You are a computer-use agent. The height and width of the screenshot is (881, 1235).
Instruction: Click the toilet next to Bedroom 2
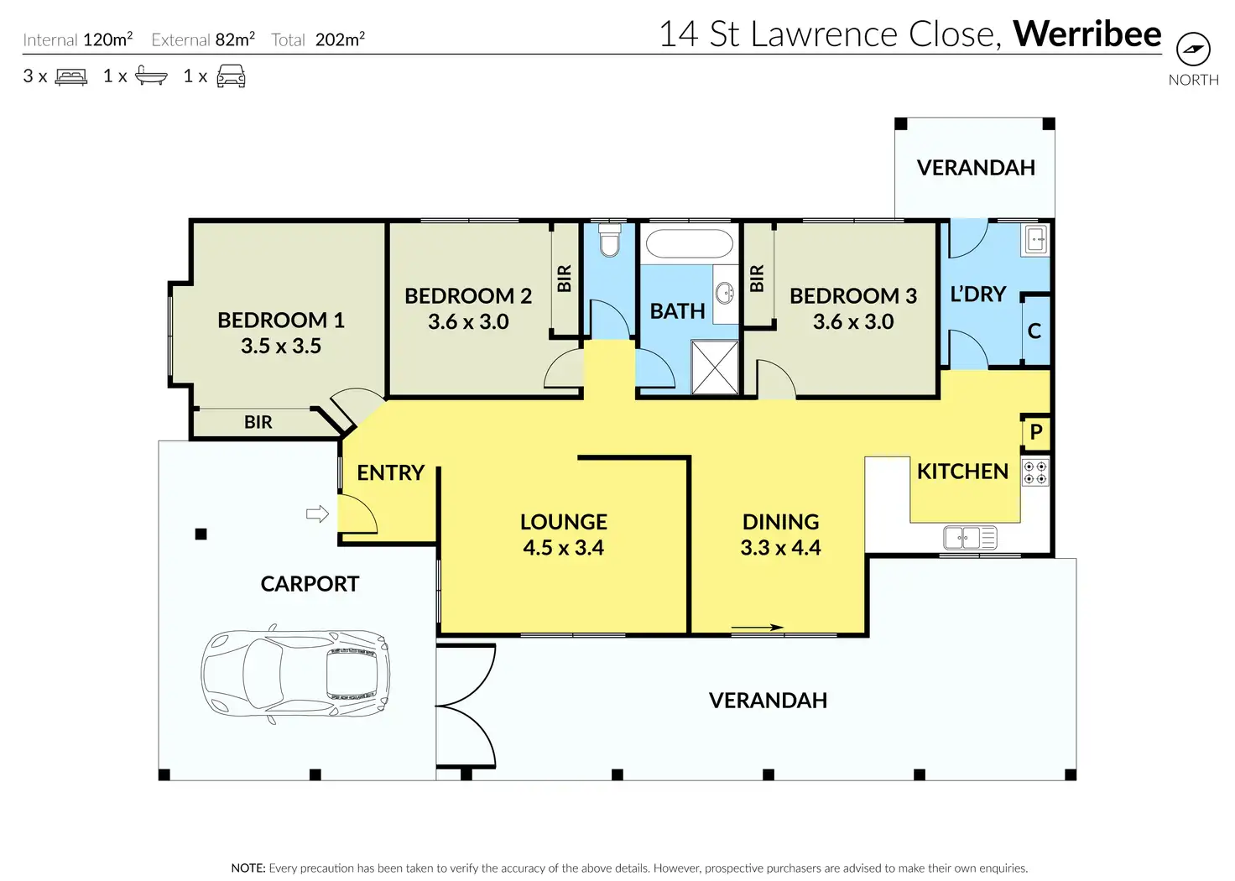tap(609, 240)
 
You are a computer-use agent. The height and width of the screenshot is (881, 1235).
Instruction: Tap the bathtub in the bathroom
tap(689, 243)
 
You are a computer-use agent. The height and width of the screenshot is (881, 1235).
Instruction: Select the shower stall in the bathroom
tap(715, 368)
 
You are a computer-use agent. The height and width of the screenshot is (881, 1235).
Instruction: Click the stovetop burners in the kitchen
tap(1034, 473)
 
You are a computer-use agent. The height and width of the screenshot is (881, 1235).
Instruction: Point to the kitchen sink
tap(970, 538)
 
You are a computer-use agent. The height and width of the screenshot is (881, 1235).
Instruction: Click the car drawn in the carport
tap(295, 673)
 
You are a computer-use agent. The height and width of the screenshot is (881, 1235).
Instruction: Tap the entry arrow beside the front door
tap(318, 513)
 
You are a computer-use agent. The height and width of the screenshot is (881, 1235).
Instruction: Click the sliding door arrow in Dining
tap(757, 627)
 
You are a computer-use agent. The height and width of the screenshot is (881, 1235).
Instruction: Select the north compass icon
tap(1193, 49)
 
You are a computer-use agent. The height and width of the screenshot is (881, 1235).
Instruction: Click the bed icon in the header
tap(71, 76)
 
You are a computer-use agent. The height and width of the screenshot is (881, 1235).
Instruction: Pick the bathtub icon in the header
tap(151, 76)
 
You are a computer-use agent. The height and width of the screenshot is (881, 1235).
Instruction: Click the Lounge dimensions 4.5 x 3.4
tap(564, 547)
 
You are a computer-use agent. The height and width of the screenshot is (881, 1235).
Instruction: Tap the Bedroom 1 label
tap(280, 320)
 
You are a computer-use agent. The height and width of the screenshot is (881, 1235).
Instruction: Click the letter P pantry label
tap(1036, 431)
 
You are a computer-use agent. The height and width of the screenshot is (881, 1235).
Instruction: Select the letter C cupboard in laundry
tap(1034, 331)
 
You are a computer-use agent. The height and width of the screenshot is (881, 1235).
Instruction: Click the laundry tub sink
tap(1035, 240)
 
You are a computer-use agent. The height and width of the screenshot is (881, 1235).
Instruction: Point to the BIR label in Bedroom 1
tap(258, 422)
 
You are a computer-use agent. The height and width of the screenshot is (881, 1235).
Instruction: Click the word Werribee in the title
tap(1087, 34)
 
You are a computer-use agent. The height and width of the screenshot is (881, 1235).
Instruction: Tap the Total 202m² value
tap(340, 39)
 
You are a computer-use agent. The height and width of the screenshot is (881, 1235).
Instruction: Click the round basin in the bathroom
tap(725, 293)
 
